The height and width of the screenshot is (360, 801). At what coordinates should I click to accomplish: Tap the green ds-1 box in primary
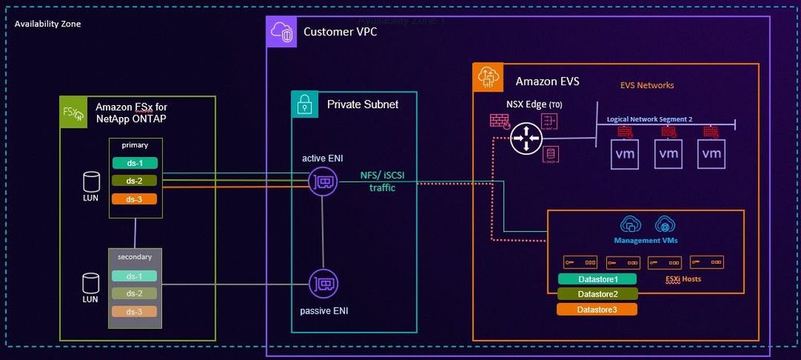pos(135,164)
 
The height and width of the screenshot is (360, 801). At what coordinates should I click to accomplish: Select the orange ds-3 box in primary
pos(135,199)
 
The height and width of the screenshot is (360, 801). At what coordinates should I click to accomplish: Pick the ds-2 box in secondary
pos(135,293)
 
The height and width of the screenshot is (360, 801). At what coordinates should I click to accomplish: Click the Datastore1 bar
pos(597,279)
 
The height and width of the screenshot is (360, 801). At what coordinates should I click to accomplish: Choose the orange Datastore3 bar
pos(597,309)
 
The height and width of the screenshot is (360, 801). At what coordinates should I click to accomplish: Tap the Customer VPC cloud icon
pos(282,32)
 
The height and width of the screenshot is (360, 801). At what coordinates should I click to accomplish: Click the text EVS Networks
pos(647,85)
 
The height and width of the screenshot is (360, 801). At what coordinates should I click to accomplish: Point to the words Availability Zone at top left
pos(47,24)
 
